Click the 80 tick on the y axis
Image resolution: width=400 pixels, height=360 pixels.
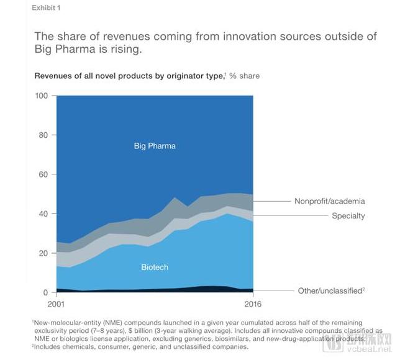point(43,135)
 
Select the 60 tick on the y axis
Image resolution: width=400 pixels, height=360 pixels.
point(43,174)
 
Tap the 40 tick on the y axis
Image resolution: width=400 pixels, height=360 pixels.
point(43,214)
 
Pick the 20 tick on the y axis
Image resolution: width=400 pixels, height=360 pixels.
point(43,253)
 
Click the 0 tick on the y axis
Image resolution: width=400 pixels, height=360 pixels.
point(45,292)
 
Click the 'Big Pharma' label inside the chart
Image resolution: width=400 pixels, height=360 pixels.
point(155,146)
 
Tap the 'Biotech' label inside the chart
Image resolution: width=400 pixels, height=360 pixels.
point(155,268)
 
